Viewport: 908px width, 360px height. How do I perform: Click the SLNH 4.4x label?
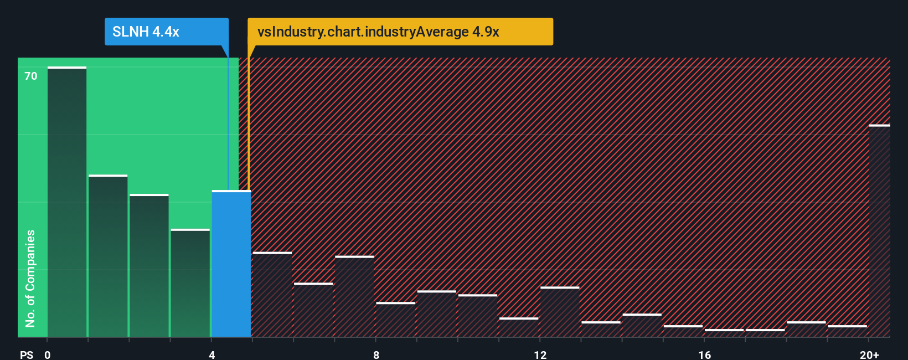point(146,32)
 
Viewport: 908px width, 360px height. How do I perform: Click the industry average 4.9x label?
point(379,32)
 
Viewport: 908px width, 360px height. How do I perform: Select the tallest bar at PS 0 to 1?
point(67,202)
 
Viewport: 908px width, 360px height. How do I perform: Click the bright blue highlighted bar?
point(231,264)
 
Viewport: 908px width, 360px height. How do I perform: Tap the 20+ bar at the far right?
point(879,231)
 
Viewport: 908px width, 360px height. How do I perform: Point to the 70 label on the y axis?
point(31,76)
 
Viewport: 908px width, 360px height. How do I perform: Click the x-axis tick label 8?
point(376,354)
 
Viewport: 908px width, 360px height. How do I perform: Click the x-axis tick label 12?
point(540,354)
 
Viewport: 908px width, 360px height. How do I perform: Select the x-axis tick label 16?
point(704,354)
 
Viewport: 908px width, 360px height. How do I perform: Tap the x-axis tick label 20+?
point(869,354)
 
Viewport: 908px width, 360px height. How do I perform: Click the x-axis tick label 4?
point(211,354)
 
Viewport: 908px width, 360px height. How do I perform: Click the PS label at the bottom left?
point(27,354)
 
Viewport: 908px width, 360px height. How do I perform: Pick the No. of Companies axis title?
point(30,278)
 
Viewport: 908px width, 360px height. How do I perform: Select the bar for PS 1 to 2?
point(108,256)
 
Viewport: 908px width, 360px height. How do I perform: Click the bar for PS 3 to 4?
point(190,283)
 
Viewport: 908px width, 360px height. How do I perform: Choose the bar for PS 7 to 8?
point(354,296)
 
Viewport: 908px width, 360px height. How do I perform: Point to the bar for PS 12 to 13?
point(560,312)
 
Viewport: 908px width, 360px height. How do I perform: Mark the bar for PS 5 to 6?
point(272,295)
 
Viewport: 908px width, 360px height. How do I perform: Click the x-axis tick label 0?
point(48,354)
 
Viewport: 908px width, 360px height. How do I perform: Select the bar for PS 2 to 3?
point(149,266)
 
